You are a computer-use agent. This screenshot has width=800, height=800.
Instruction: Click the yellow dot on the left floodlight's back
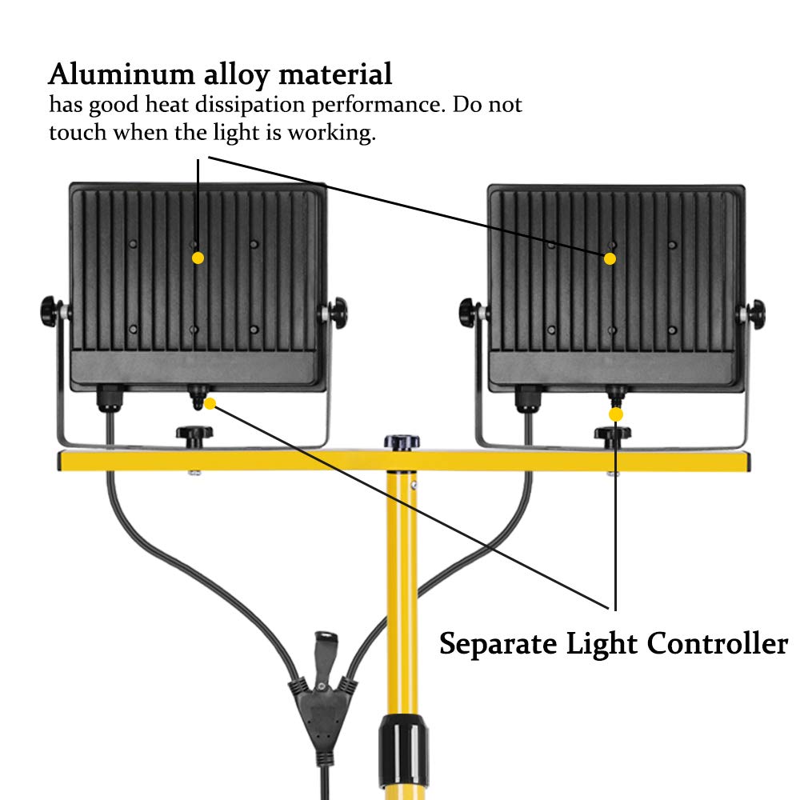[x=198, y=258]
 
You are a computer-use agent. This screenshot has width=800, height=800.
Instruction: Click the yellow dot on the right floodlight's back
[x=610, y=258]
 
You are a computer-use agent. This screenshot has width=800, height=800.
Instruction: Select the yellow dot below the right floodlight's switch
[x=615, y=414]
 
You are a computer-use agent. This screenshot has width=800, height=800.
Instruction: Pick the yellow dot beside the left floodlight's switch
[x=210, y=404]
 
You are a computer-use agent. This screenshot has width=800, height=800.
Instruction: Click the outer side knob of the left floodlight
[x=50, y=310]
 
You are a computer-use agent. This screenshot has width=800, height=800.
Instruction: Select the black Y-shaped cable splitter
[x=324, y=696]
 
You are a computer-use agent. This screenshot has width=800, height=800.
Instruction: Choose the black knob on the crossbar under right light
[x=613, y=436]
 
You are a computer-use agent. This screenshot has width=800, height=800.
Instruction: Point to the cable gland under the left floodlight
[x=108, y=398]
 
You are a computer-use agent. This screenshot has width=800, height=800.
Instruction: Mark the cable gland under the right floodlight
[x=527, y=398]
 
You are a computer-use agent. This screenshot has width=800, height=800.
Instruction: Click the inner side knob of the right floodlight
[x=471, y=311]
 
